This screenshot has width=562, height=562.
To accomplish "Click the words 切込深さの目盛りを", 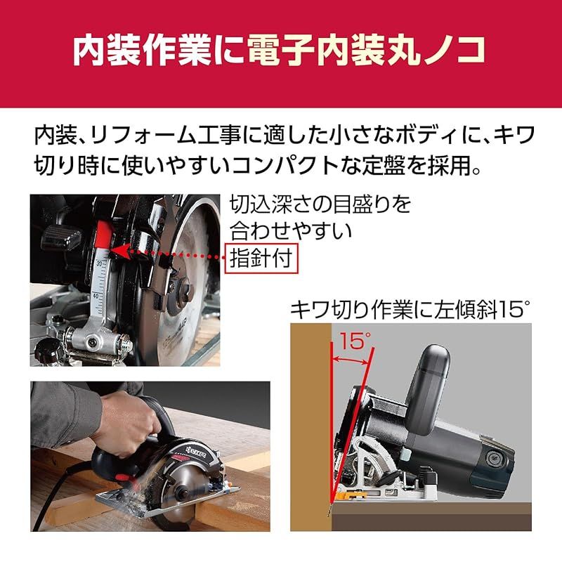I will click(x=320, y=205).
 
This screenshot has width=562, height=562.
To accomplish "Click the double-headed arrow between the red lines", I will click(x=351, y=360).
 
